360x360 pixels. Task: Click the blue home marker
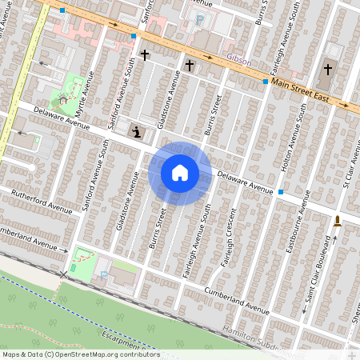[180, 173]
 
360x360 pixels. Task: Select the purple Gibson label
[239, 61]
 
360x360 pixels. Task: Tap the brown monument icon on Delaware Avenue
[337, 221]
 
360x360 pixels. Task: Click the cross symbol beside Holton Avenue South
[327, 70]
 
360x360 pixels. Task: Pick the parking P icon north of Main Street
[199, 19]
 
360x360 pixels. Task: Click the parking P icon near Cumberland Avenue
[103, 276]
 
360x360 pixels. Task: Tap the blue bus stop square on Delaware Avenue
[282, 192]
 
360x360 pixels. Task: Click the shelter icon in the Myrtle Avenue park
[61, 100]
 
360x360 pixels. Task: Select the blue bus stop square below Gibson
[265, 82]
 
